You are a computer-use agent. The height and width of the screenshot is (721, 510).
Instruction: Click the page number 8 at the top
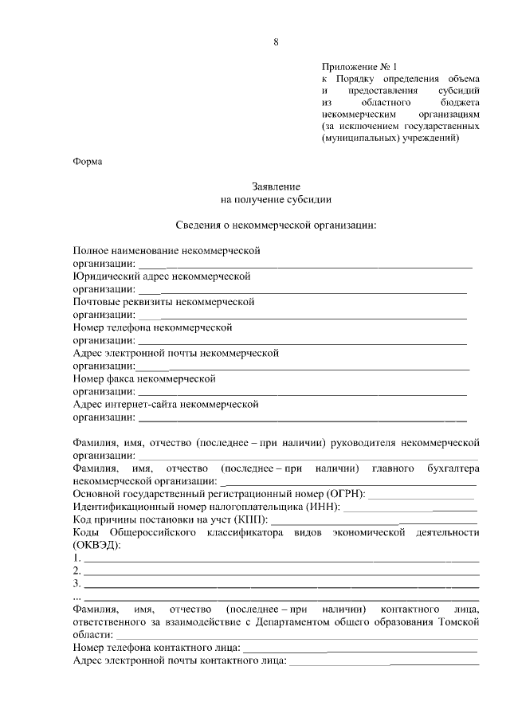[276, 41]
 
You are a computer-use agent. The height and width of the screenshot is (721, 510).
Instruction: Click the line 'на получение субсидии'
[275, 199]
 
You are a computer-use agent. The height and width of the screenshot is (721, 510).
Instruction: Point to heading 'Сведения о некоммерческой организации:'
[275, 225]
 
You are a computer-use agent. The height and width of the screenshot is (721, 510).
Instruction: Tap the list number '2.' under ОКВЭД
[76, 570]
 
